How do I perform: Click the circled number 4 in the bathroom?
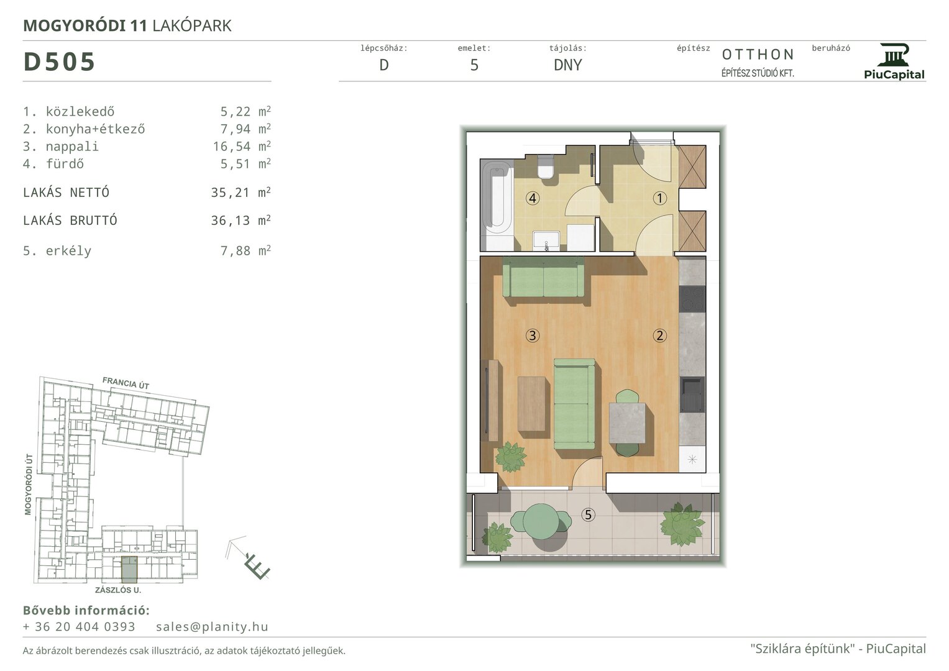(533, 198)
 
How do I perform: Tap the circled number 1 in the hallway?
(659, 198)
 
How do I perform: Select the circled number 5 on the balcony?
(588, 514)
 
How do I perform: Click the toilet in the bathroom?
(546, 167)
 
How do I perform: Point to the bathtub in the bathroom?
(497, 199)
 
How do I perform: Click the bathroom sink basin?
(546, 240)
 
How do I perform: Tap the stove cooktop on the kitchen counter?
(692, 298)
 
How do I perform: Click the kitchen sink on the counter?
(692, 395)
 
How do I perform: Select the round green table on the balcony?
(541, 521)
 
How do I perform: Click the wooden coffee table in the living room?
(532, 404)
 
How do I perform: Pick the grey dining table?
(627, 422)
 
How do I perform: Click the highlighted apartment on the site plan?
(129, 570)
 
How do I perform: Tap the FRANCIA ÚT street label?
(126, 383)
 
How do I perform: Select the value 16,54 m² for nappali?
(242, 146)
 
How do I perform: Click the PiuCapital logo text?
(894, 75)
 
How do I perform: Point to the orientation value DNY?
(567, 65)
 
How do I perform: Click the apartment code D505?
(59, 62)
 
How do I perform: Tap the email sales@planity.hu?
(212, 626)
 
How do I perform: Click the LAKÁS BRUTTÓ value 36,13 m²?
(241, 221)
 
